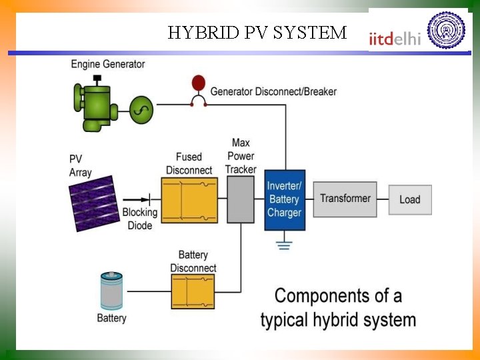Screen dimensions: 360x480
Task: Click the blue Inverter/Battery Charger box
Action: click(x=285, y=200)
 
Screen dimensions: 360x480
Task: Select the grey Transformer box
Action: click(x=345, y=199)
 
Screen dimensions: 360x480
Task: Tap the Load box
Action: click(x=410, y=199)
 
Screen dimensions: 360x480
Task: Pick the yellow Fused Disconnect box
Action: click(x=190, y=200)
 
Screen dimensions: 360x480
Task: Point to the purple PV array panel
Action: click(x=93, y=203)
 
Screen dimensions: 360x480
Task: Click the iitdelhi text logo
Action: click(x=395, y=39)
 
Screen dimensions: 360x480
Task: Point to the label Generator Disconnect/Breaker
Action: click(x=273, y=91)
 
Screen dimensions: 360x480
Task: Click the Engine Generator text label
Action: click(x=108, y=64)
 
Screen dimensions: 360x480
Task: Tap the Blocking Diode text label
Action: click(x=139, y=219)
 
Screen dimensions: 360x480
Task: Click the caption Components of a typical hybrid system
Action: click(x=338, y=307)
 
